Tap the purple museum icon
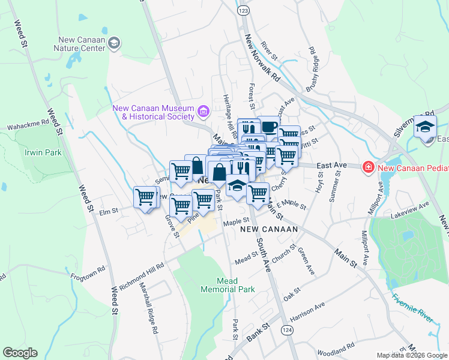(x=203, y=112)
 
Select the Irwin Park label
(x=43, y=152)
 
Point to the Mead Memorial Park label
(x=227, y=285)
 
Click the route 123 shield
(x=243, y=11)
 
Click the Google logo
(x=20, y=353)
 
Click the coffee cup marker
(x=268, y=126)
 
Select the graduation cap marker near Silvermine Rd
(x=425, y=127)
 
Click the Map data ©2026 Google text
(x=411, y=355)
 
